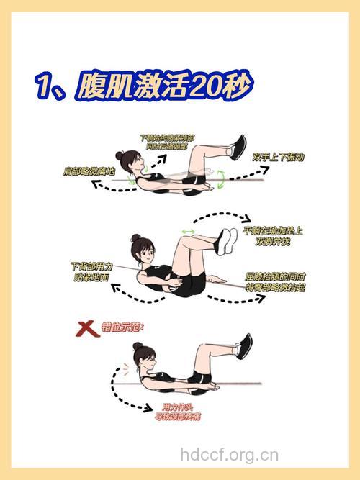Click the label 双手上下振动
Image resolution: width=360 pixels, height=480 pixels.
pyautogui.click(x=281, y=156)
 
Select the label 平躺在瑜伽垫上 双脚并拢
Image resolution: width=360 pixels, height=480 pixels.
pyautogui.click(x=273, y=236)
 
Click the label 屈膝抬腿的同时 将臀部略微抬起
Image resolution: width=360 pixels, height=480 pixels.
pyautogui.click(x=276, y=281)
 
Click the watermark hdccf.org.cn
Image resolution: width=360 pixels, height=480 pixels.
pyautogui.click(x=229, y=454)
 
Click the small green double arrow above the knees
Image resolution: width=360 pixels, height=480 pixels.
pyautogui.click(x=189, y=231)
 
